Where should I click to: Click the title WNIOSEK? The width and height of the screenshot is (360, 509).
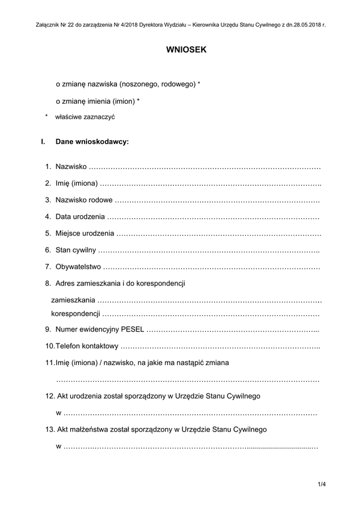point(186,50)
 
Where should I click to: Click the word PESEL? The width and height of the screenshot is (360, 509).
point(133,329)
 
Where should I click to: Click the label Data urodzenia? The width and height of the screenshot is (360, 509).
point(80,216)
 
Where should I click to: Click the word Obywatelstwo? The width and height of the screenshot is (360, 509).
point(78,266)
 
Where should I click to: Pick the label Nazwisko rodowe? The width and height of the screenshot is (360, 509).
point(84,200)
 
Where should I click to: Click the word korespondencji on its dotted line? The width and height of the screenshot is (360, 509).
point(75,314)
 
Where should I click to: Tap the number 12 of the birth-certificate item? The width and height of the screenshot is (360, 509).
point(50,396)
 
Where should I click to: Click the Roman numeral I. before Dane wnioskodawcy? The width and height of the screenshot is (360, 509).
point(43,143)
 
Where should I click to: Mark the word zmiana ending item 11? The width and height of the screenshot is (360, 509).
point(216,363)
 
